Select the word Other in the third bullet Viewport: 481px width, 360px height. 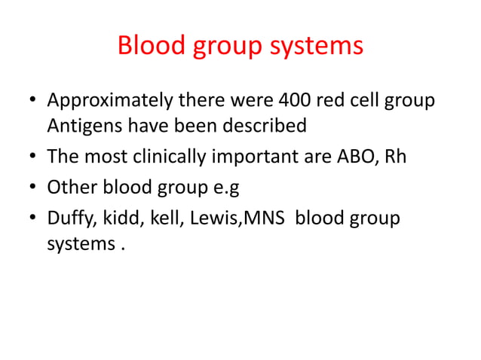coord(70,186)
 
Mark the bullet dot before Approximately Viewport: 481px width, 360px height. coord(31,101)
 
